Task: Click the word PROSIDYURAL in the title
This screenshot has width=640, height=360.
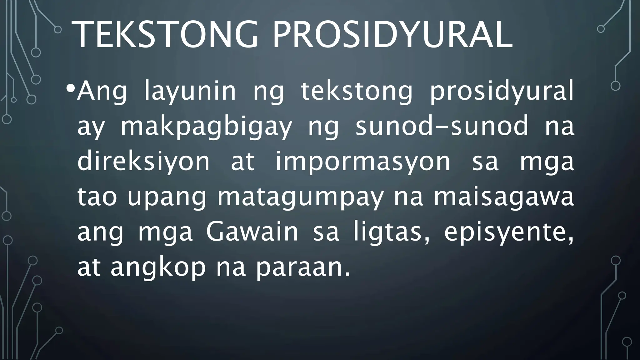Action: (392, 34)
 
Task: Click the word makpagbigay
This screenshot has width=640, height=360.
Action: (206, 127)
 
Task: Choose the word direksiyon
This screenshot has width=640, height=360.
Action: (143, 162)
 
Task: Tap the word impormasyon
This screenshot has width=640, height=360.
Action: (362, 162)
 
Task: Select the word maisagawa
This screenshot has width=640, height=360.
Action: (504, 197)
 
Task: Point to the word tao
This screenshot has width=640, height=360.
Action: (97, 197)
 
